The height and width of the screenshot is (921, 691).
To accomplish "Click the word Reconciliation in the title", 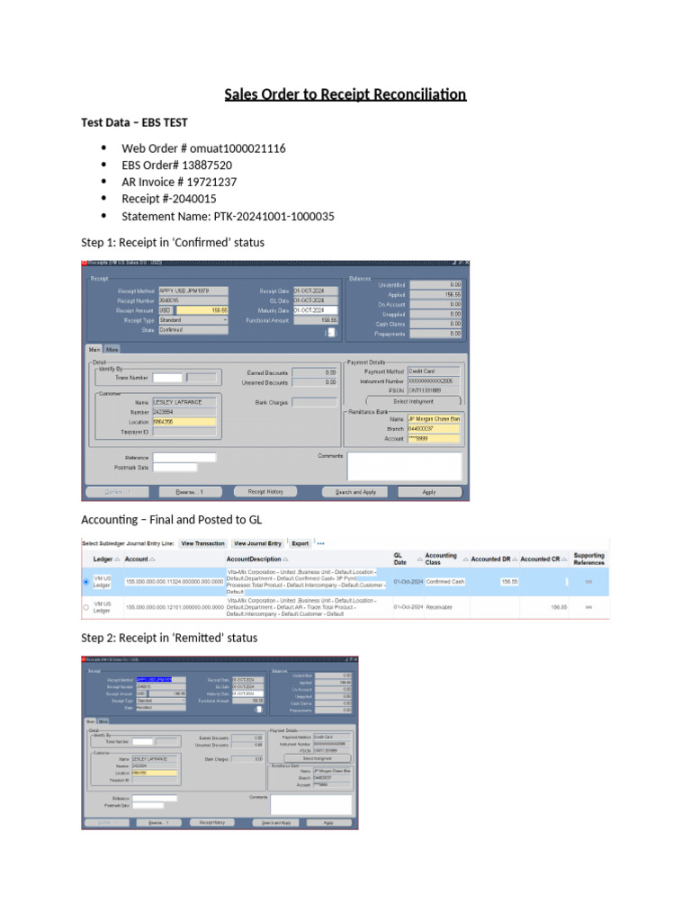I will tap(417, 94).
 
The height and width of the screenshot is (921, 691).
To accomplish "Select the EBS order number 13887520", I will tap(201, 165).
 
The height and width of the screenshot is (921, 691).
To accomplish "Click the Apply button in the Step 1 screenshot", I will tap(429, 492).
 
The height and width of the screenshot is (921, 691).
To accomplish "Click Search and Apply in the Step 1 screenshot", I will tap(355, 492).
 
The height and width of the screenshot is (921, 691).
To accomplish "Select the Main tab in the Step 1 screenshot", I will tap(94, 349).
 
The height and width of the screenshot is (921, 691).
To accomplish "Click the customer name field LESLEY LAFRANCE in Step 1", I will tap(184, 402).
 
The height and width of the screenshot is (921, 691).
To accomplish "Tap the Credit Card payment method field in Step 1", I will tap(434, 371).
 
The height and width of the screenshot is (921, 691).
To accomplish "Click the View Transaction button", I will tap(202, 543).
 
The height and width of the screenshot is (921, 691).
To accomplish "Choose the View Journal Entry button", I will tap(258, 543).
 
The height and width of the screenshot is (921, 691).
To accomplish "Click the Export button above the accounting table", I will tap(301, 543).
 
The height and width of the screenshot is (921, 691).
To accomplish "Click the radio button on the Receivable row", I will tap(86, 608).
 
